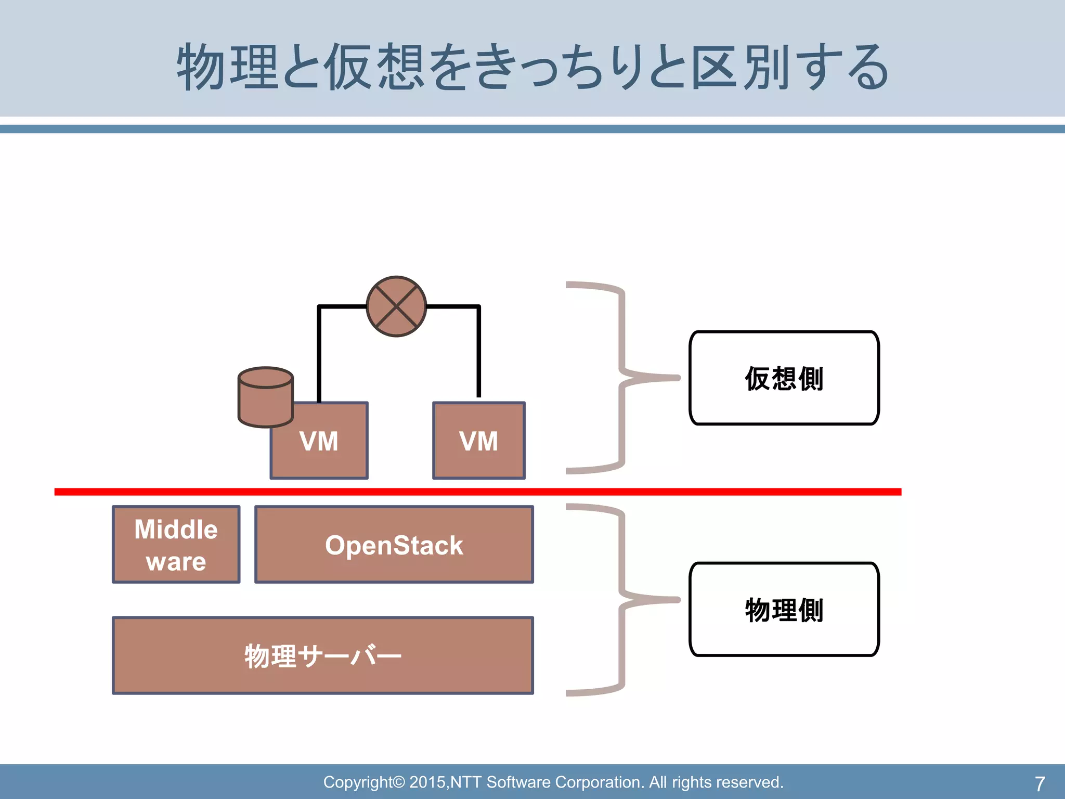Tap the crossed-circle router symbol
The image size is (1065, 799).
click(396, 306)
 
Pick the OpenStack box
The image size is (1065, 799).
click(394, 545)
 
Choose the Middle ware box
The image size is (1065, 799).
click(176, 545)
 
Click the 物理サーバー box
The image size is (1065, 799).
click(323, 655)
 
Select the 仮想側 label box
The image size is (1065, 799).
click(784, 378)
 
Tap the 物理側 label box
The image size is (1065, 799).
click(784, 609)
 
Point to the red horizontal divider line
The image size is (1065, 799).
click(477, 492)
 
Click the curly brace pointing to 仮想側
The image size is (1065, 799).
click(621, 378)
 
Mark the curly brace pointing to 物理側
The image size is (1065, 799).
click(621, 600)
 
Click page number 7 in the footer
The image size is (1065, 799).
click(1040, 783)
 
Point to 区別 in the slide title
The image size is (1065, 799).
click(740, 67)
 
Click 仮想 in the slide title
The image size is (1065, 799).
click(374, 67)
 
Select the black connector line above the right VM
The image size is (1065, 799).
click(478, 354)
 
